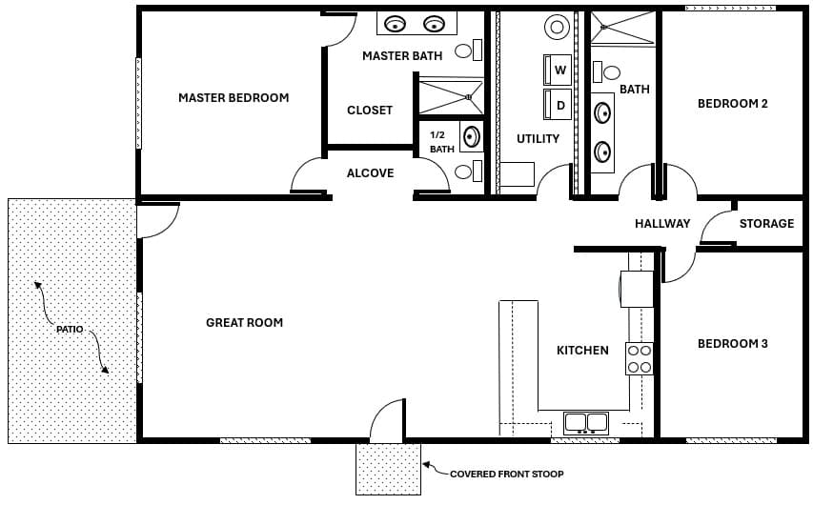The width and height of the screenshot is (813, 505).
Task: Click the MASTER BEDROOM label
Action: pyautogui.click(x=234, y=97)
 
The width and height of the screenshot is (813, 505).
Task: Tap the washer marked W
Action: pyautogui.click(x=559, y=71)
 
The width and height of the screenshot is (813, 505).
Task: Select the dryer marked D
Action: pyautogui.click(x=559, y=105)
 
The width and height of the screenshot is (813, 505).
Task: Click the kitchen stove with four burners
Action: pyautogui.click(x=640, y=358)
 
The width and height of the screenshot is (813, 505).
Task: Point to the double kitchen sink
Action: pyautogui.click(x=586, y=421)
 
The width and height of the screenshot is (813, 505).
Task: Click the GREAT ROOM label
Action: pyautogui.click(x=244, y=323)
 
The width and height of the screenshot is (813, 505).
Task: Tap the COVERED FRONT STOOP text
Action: pyautogui.click(x=506, y=474)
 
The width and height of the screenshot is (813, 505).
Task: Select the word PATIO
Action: pyautogui.click(x=69, y=329)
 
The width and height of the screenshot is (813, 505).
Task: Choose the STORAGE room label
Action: pyautogui.click(x=766, y=224)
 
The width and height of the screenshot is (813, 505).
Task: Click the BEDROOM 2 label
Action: pyautogui.click(x=732, y=104)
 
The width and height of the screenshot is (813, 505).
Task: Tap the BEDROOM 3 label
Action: pyautogui.click(x=732, y=344)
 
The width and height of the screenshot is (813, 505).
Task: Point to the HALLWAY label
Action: pyautogui.click(x=662, y=224)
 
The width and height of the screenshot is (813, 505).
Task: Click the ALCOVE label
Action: pyautogui.click(x=370, y=173)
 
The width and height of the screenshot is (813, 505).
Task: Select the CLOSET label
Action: pyautogui.click(x=370, y=111)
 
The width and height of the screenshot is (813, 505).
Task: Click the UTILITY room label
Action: pyautogui.click(x=538, y=139)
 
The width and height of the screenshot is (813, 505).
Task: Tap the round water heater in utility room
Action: pyautogui.click(x=557, y=26)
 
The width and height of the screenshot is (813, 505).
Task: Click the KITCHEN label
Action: pyautogui.click(x=582, y=351)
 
